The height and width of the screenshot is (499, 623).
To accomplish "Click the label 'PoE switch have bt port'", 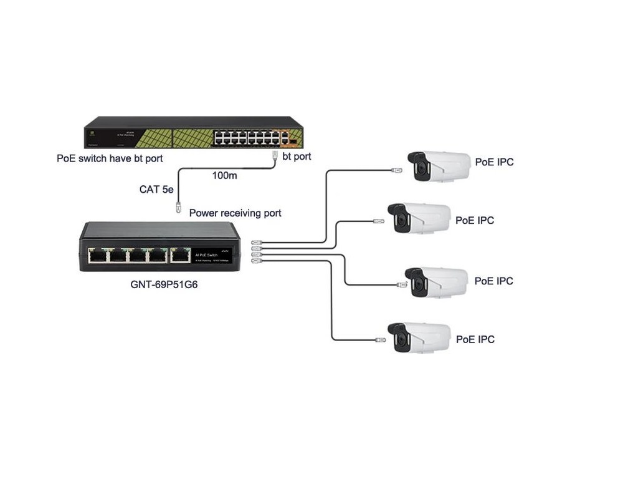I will tap(110, 158).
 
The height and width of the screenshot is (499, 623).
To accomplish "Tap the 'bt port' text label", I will tap(297, 157).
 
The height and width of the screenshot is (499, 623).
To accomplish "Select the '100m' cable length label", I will tap(224, 176).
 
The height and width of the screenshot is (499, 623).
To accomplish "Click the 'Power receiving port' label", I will tap(235, 213).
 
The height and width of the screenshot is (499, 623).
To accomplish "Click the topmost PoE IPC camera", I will tap(439, 167).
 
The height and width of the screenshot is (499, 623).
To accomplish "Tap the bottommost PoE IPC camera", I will tap(419, 337).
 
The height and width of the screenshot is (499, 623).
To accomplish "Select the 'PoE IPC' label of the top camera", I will tap(494, 162).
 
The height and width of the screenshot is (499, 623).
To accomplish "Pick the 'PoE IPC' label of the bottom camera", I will tap(475, 339).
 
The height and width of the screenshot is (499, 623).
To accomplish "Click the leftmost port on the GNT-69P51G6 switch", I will tap(97, 254).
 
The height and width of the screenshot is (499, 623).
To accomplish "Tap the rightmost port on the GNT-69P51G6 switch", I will tap(180, 254).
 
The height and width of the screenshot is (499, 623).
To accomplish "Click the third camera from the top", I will tap(436, 281).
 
